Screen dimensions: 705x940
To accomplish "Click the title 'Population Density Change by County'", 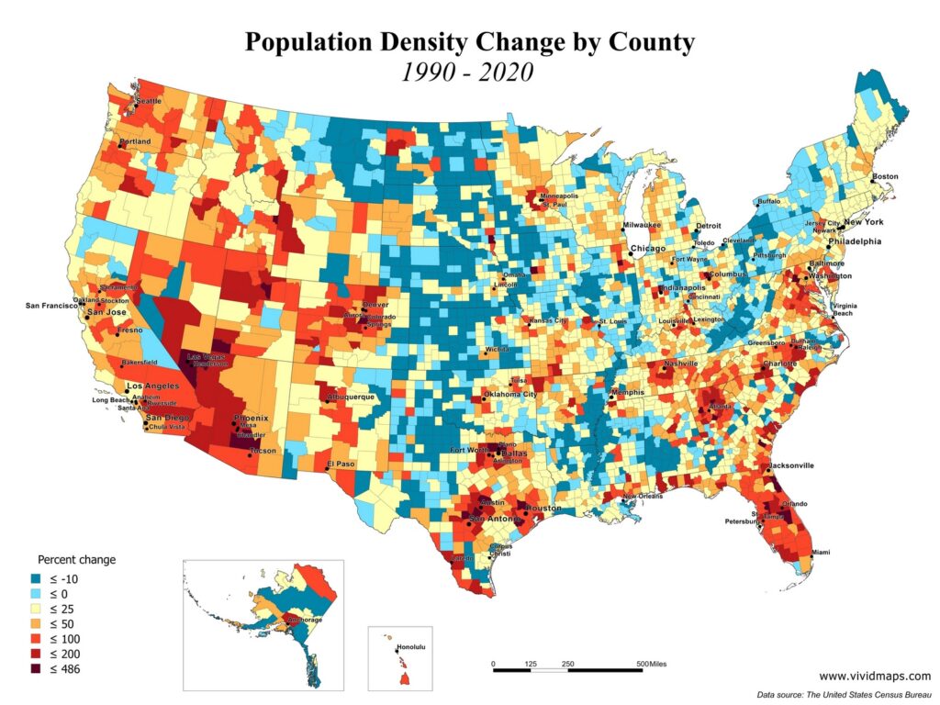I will click(469, 42).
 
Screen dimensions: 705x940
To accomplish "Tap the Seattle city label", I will click(149, 101).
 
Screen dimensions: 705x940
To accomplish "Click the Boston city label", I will click(885, 176).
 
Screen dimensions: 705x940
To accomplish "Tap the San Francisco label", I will click(51, 306).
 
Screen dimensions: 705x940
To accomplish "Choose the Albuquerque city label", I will click(351, 397).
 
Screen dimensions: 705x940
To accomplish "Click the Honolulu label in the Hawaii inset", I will click(411, 648).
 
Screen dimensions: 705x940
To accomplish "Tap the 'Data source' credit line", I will click(844, 694).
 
